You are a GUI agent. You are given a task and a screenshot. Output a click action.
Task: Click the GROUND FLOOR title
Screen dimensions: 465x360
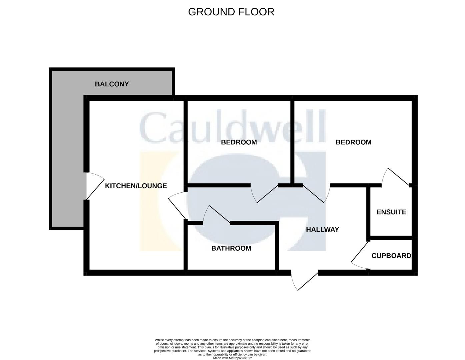pyautogui.click(x=231, y=12)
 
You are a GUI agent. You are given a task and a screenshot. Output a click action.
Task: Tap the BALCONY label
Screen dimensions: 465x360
pyautogui.click(x=112, y=84)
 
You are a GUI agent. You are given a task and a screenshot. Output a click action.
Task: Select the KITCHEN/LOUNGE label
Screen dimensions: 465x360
pyautogui.click(x=136, y=186)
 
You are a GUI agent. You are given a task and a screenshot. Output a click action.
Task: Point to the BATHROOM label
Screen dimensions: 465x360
pyautogui.click(x=231, y=248)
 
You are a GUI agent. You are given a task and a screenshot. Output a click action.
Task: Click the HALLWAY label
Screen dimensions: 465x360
pyautogui.click(x=322, y=230)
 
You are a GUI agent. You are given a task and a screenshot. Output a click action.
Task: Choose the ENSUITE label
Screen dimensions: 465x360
pyautogui.click(x=391, y=212)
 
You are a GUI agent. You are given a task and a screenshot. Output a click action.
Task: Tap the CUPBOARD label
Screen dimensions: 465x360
pyautogui.click(x=391, y=256)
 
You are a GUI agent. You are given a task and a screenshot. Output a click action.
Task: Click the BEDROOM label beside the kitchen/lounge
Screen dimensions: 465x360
pyautogui.click(x=239, y=142)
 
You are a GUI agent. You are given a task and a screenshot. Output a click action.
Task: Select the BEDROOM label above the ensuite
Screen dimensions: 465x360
pyautogui.click(x=354, y=142)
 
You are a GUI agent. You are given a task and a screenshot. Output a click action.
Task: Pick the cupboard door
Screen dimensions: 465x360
pyautogui.click(x=360, y=255)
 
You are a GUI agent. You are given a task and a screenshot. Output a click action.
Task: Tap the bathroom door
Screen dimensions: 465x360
pyautogui.click(x=216, y=215)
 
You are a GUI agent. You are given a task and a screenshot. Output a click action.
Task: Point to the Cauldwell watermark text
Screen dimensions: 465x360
pyautogui.click(x=233, y=127)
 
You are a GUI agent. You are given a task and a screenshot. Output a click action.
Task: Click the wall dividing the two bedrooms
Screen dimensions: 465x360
pyautogui.click(x=292, y=142)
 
